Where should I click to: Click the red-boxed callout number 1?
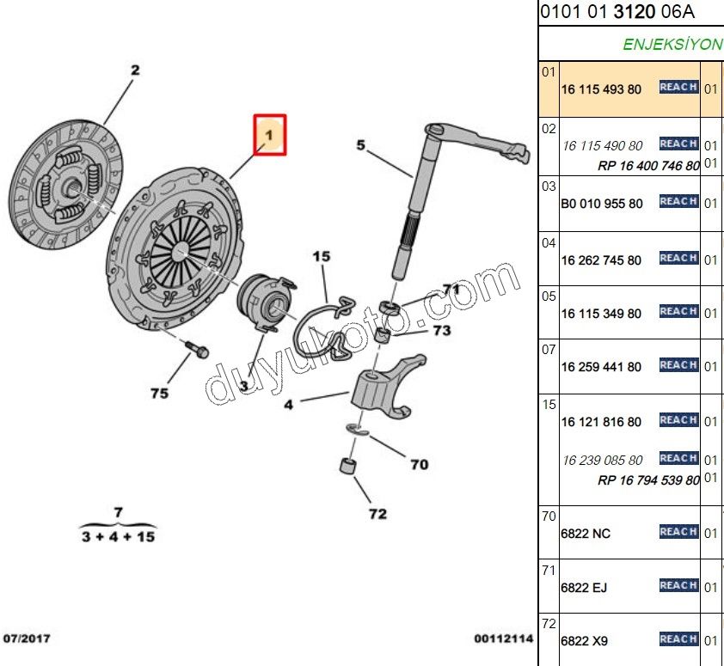(270, 135)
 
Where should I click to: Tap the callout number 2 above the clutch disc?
(135, 70)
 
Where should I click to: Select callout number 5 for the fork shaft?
(360, 145)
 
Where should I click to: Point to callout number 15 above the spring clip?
(322, 256)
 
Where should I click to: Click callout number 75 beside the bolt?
(159, 394)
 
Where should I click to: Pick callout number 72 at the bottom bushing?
(377, 514)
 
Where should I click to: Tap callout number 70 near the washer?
(420, 464)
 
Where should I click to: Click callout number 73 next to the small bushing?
(442, 331)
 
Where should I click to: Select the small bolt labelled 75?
(197, 350)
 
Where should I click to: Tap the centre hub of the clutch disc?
(71, 187)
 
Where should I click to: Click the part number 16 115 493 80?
(601, 89)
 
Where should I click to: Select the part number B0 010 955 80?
(602, 204)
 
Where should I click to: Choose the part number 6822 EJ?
(584, 588)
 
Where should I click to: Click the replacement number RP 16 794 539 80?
(648, 480)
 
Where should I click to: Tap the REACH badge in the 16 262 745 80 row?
(678, 258)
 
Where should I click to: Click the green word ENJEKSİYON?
(672, 45)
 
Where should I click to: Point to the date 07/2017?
(27, 639)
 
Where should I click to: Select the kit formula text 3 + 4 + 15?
(118, 537)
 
